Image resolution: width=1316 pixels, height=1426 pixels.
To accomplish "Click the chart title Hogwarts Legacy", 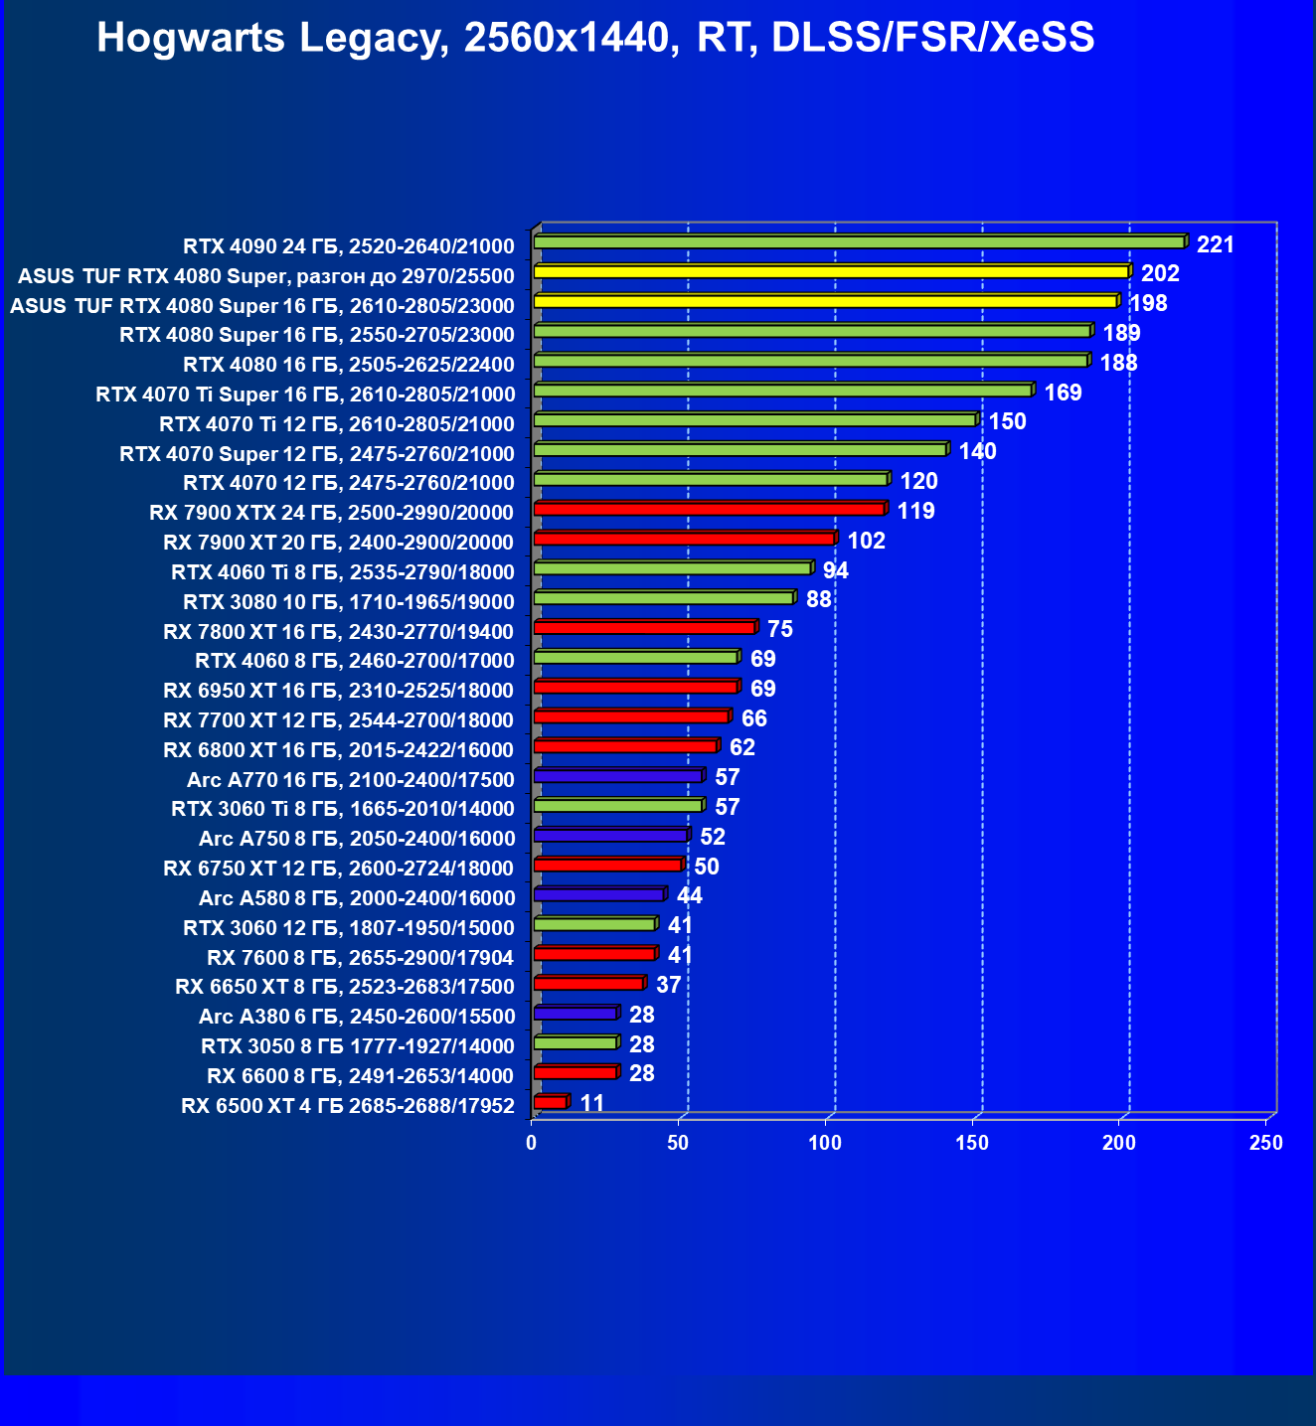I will pyautogui.click(x=595, y=38).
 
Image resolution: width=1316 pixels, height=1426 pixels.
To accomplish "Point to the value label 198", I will pyautogui.click(x=1148, y=303).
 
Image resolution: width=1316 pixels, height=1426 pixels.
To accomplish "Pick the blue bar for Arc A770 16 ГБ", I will pyautogui.click(x=617, y=776).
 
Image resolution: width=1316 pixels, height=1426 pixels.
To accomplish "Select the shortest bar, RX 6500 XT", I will pyautogui.click(x=550, y=1102).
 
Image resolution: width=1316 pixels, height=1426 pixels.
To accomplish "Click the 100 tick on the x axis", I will pyautogui.click(x=825, y=1143).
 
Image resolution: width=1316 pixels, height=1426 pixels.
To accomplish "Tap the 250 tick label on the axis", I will pyautogui.click(x=1265, y=1143).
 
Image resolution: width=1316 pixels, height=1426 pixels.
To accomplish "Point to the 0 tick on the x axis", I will pyautogui.click(x=532, y=1143).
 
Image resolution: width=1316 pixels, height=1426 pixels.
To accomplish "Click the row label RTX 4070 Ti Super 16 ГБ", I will pyautogui.click(x=305, y=395).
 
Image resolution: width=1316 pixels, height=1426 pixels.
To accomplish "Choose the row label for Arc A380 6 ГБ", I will pyautogui.click(x=357, y=1016).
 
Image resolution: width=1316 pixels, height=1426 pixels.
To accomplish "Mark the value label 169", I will pyautogui.click(x=1063, y=393).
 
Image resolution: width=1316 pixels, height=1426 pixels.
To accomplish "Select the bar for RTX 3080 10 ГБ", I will pyautogui.click(x=663, y=598).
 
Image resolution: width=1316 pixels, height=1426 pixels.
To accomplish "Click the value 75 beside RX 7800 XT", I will pyautogui.click(x=780, y=629).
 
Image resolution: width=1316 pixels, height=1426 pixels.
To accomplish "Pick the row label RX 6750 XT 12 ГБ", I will pyautogui.click(x=338, y=869).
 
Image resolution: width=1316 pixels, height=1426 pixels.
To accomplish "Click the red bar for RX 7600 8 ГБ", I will pyautogui.click(x=593, y=954).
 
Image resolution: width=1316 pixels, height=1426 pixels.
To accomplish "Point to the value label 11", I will pyautogui.click(x=592, y=1103).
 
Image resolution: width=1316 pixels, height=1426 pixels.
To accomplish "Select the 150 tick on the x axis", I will pyautogui.click(x=972, y=1143).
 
